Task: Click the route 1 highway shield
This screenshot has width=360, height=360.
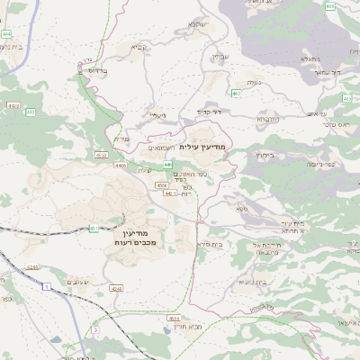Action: pos(45,285)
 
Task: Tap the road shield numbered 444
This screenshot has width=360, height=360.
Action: pos(7,33)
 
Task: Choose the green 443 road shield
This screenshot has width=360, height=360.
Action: pos(31,112)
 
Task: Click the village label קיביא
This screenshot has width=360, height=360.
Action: pos(138,47)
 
